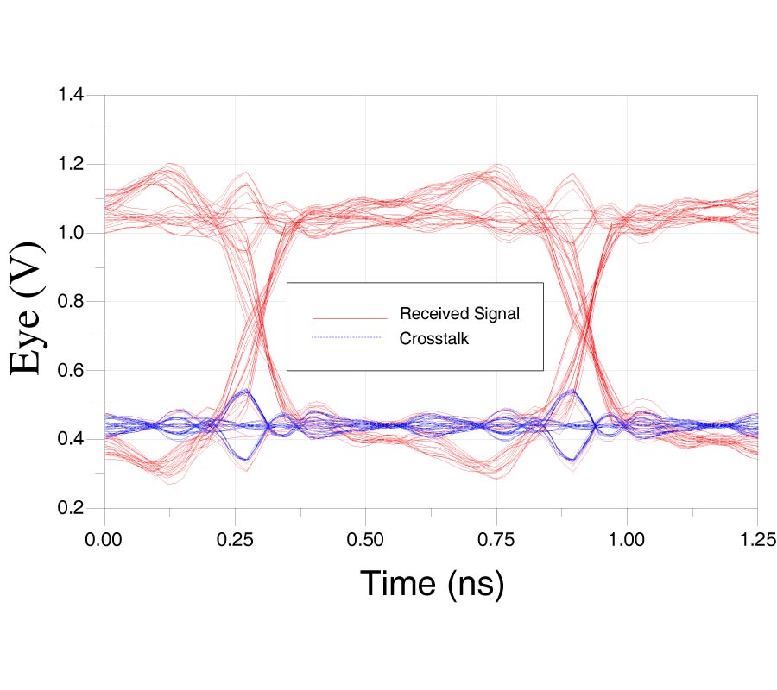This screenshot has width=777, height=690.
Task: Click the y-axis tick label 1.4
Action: (x=71, y=95)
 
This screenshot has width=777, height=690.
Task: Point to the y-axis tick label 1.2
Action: (x=71, y=164)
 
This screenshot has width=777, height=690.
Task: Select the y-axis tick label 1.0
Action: (x=71, y=233)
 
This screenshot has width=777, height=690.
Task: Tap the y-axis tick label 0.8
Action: (x=71, y=302)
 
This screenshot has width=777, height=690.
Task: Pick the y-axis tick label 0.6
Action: (x=71, y=371)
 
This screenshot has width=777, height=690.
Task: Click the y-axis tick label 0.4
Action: (x=71, y=440)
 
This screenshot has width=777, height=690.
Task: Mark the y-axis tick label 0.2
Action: (x=71, y=508)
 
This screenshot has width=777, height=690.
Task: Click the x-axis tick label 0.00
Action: (x=104, y=540)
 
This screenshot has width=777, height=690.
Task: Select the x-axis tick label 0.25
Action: (x=235, y=540)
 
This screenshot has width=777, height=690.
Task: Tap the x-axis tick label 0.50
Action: (x=365, y=540)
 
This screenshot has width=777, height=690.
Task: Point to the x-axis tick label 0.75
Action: (x=496, y=540)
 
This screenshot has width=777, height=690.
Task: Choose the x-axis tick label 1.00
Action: (x=627, y=540)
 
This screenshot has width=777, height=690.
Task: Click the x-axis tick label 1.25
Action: (x=757, y=540)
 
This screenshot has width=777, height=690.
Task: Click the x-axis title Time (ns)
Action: (x=431, y=584)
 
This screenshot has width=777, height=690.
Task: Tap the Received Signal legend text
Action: (x=459, y=313)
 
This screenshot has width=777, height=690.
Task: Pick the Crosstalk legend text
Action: (x=433, y=339)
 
